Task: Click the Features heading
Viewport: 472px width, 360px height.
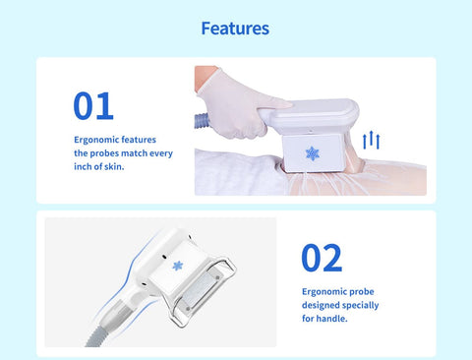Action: click(235, 29)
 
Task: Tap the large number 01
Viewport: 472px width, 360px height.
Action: click(93, 105)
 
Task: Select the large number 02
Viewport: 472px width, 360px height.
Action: click(322, 258)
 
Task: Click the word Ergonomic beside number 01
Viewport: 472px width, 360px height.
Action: click(94, 140)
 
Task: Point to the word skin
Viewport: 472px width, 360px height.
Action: click(114, 166)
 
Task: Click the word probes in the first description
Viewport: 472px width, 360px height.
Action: click(104, 153)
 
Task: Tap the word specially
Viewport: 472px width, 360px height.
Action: click(360, 306)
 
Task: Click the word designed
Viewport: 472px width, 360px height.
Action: click(321, 306)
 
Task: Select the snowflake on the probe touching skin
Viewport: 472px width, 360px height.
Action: click(313, 153)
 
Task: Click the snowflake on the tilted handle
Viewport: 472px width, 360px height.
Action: click(178, 266)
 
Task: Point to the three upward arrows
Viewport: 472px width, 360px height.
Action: click(371, 140)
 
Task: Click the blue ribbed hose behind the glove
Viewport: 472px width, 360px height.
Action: click(202, 121)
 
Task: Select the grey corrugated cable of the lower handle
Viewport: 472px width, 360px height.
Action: click(96, 337)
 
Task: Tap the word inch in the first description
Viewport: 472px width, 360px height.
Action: click(83, 166)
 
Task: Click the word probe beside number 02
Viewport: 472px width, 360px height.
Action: click(361, 292)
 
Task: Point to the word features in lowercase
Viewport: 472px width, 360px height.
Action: click(137, 140)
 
